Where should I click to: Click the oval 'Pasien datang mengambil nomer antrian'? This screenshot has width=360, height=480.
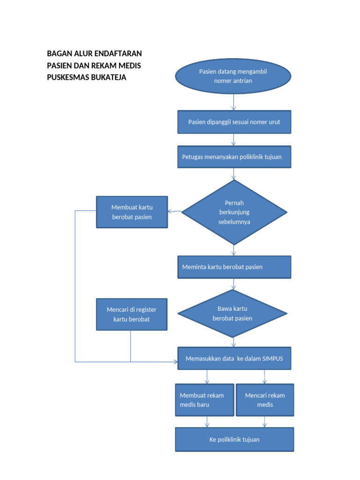point(233,76)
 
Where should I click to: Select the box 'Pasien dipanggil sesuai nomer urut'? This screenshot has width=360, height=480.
point(234,122)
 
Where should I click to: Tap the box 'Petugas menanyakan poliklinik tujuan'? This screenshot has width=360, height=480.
point(234,157)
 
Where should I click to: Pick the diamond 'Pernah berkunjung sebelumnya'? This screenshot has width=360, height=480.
point(234,212)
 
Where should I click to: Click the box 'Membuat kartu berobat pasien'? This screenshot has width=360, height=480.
point(132,212)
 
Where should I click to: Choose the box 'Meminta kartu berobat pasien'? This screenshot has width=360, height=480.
point(234,267)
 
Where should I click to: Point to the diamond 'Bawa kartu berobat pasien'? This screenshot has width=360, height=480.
point(232,313)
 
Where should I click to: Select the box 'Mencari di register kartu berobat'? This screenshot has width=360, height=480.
point(131,314)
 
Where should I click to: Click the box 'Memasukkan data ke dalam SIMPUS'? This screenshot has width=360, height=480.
point(234,359)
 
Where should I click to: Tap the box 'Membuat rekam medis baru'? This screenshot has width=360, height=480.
point(204,400)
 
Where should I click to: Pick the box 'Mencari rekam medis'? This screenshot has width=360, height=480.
point(265,400)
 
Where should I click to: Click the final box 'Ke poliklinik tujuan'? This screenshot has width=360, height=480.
point(234,439)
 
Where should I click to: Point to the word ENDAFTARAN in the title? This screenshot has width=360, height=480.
point(118,53)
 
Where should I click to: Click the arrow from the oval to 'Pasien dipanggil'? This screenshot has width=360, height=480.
point(233,102)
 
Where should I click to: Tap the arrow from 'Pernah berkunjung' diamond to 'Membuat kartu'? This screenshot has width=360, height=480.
point(175,211)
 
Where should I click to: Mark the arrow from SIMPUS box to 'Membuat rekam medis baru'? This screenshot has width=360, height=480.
point(207,377)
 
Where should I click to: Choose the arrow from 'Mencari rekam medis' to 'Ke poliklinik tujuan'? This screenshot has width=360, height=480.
point(264,421)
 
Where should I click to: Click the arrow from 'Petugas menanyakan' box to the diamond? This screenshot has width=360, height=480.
point(233,174)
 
